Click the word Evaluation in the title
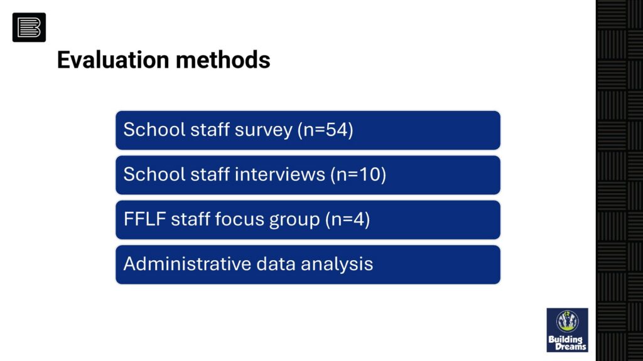pyautogui.click(x=113, y=60)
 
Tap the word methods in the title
pyautogui.click(x=223, y=60)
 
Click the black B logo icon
pyautogui.click(x=29, y=28)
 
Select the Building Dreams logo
pyautogui.click(x=567, y=330)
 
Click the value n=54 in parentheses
pyautogui.click(x=326, y=130)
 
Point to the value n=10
pyautogui.click(x=359, y=174)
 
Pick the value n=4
pyautogui.click(x=348, y=219)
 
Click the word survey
pyautogui.click(x=264, y=130)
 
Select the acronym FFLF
pyautogui.click(x=145, y=219)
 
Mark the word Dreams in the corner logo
pyautogui.click(x=570, y=347)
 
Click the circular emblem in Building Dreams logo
pyautogui.click(x=567, y=321)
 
